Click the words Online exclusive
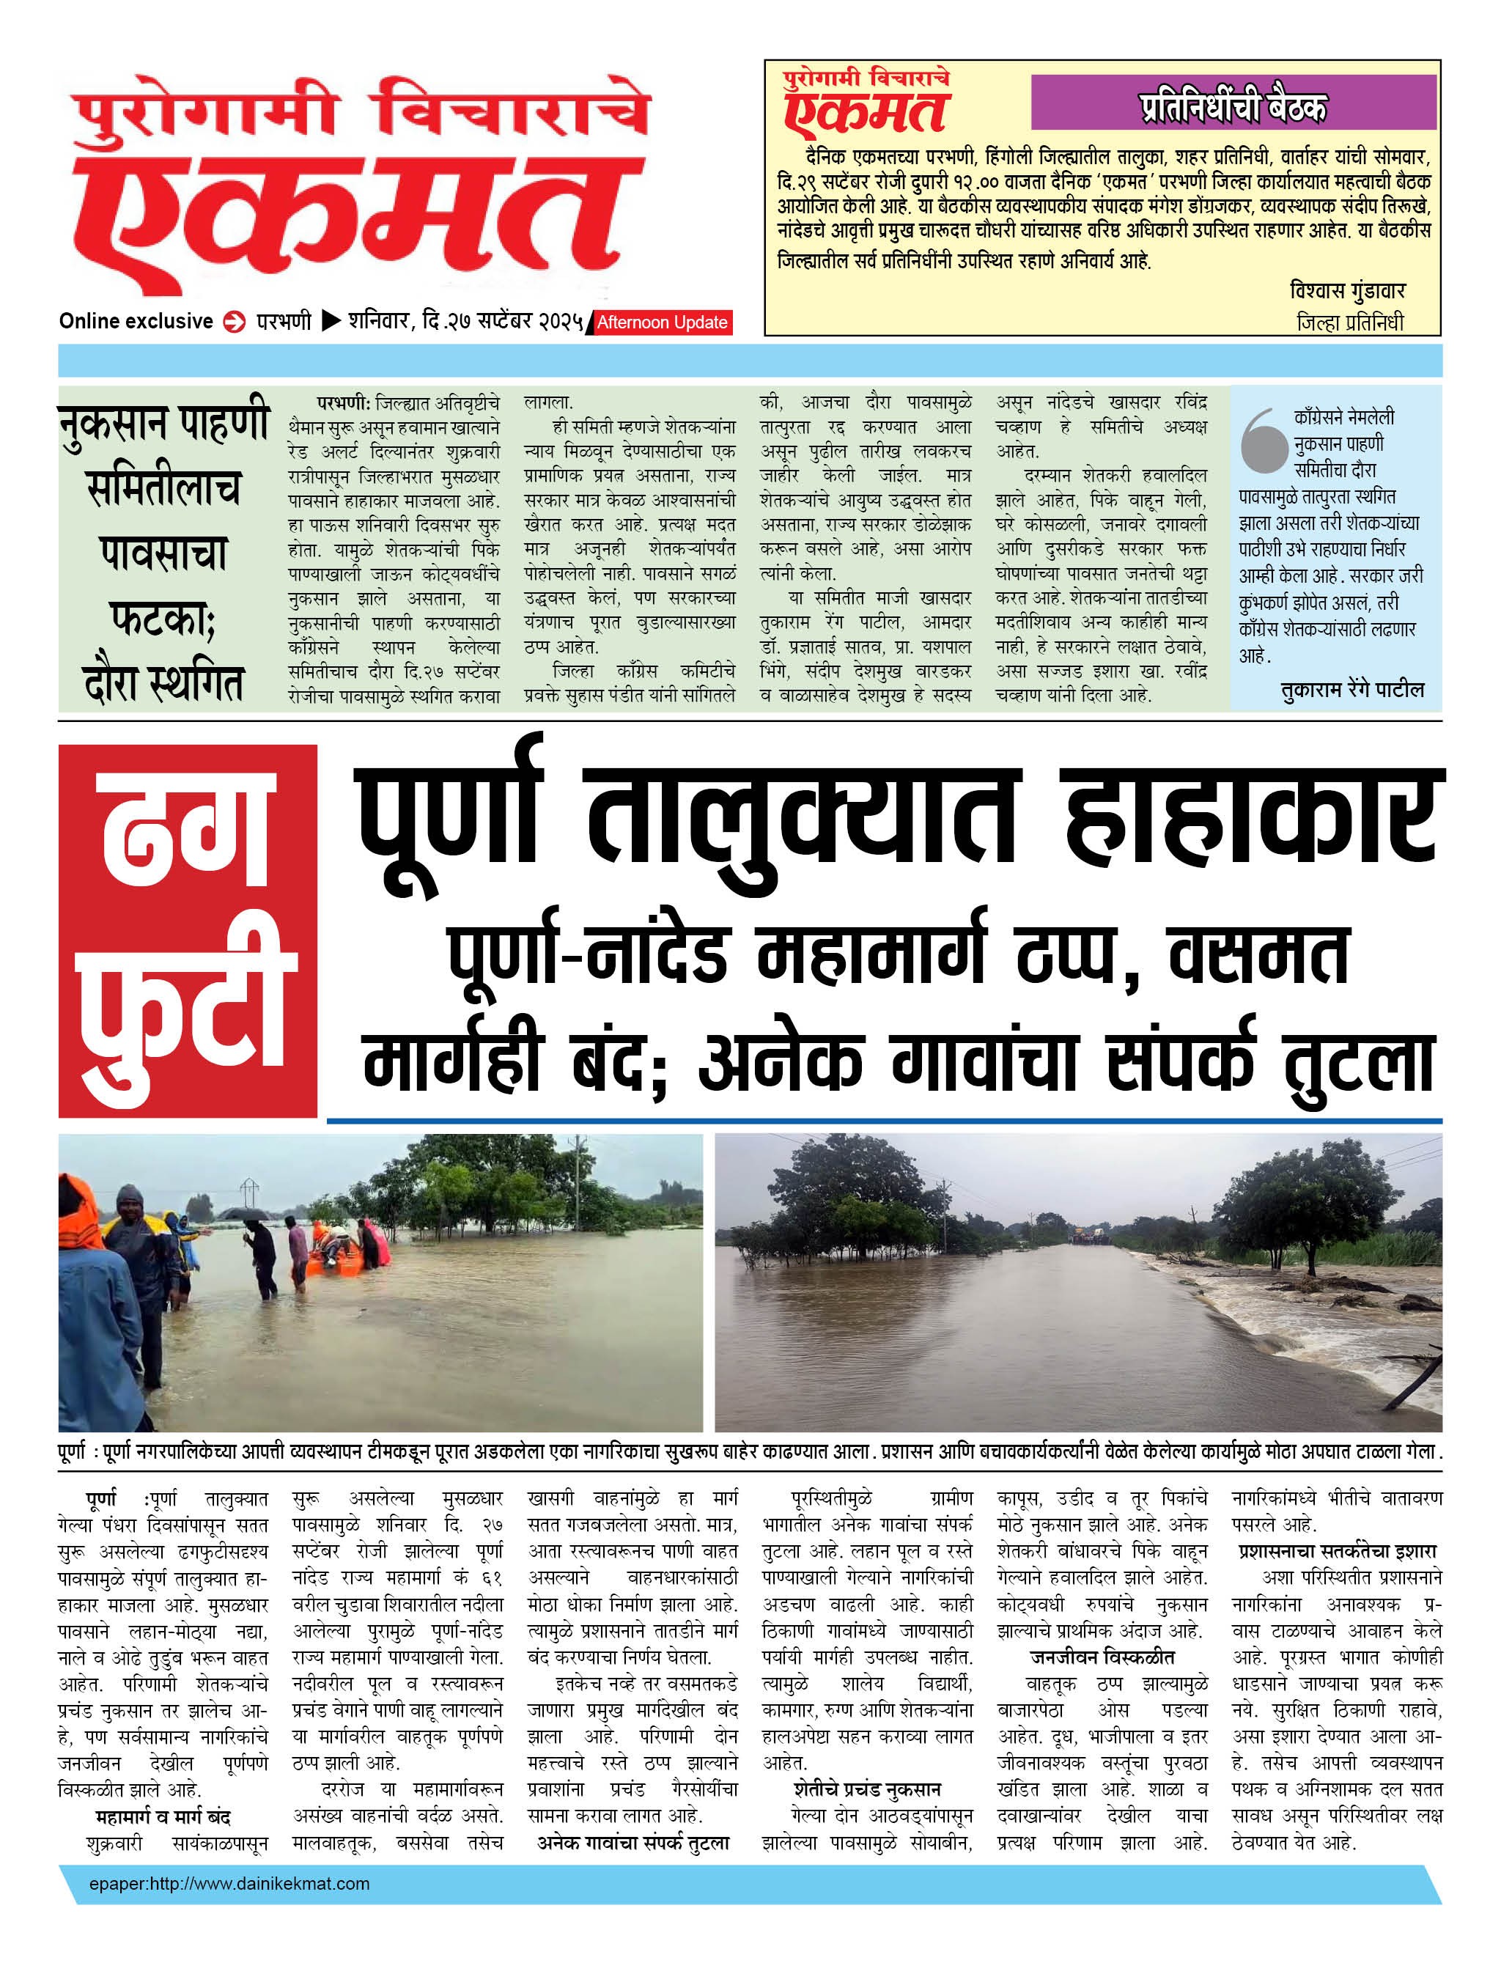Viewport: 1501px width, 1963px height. (x=136, y=322)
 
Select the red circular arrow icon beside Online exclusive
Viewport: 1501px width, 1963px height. (x=234, y=323)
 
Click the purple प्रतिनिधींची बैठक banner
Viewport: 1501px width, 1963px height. (x=1233, y=103)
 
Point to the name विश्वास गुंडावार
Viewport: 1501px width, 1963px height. (x=1347, y=290)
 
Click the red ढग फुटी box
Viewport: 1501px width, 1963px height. (x=188, y=929)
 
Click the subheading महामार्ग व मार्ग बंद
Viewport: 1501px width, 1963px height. (x=163, y=1817)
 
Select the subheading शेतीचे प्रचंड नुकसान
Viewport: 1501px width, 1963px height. (x=866, y=1790)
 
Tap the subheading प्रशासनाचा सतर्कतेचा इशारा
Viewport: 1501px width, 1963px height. (x=1337, y=1552)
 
